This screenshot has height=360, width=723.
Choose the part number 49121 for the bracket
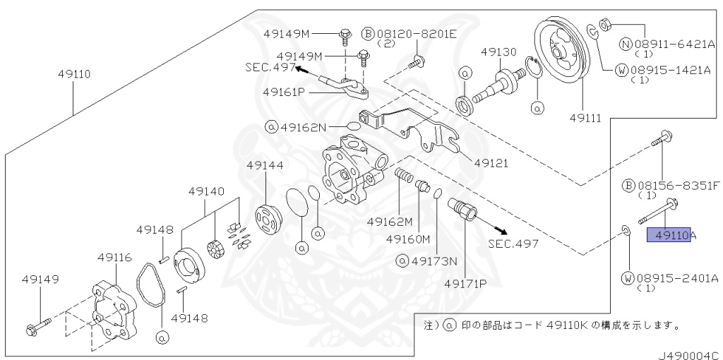click(492, 163)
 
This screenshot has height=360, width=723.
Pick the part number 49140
click(206, 191)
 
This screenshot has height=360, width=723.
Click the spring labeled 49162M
click(404, 176)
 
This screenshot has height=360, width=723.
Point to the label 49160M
click(408, 239)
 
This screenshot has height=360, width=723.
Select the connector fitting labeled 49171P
click(462, 210)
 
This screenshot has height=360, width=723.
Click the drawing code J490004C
click(690, 355)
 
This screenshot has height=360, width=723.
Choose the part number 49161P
click(285, 92)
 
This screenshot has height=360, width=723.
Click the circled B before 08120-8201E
click(367, 33)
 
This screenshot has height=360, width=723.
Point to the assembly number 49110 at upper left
click(74, 73)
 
